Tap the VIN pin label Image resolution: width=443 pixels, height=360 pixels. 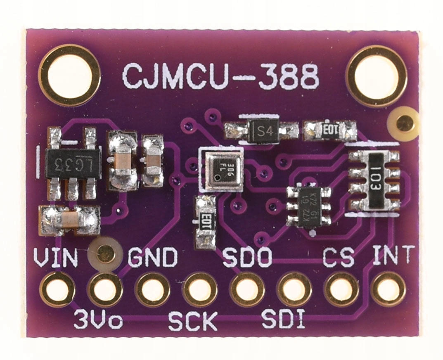point(55,258)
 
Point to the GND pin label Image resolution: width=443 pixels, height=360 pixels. point(153,258)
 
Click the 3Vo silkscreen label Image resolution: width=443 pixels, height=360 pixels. point(98,320)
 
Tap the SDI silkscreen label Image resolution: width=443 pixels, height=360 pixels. point(284,320)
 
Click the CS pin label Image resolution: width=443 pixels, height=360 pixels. point(339,258)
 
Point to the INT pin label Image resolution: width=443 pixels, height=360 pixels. point(393,256)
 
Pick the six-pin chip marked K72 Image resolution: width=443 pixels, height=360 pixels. point(309,206)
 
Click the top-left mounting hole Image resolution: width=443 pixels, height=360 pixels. point(69,76)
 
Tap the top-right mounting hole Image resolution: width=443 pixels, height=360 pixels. point(376,76)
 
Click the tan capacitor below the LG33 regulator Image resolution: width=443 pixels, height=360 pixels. point(70,220)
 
